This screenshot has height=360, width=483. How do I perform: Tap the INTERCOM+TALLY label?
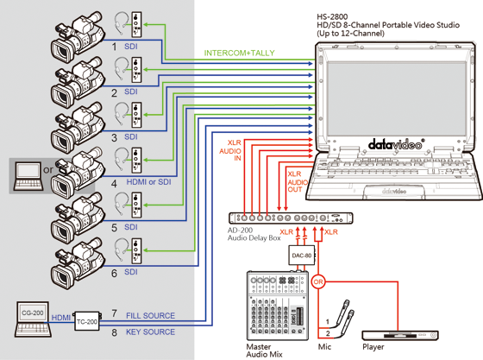click(239, 53)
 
